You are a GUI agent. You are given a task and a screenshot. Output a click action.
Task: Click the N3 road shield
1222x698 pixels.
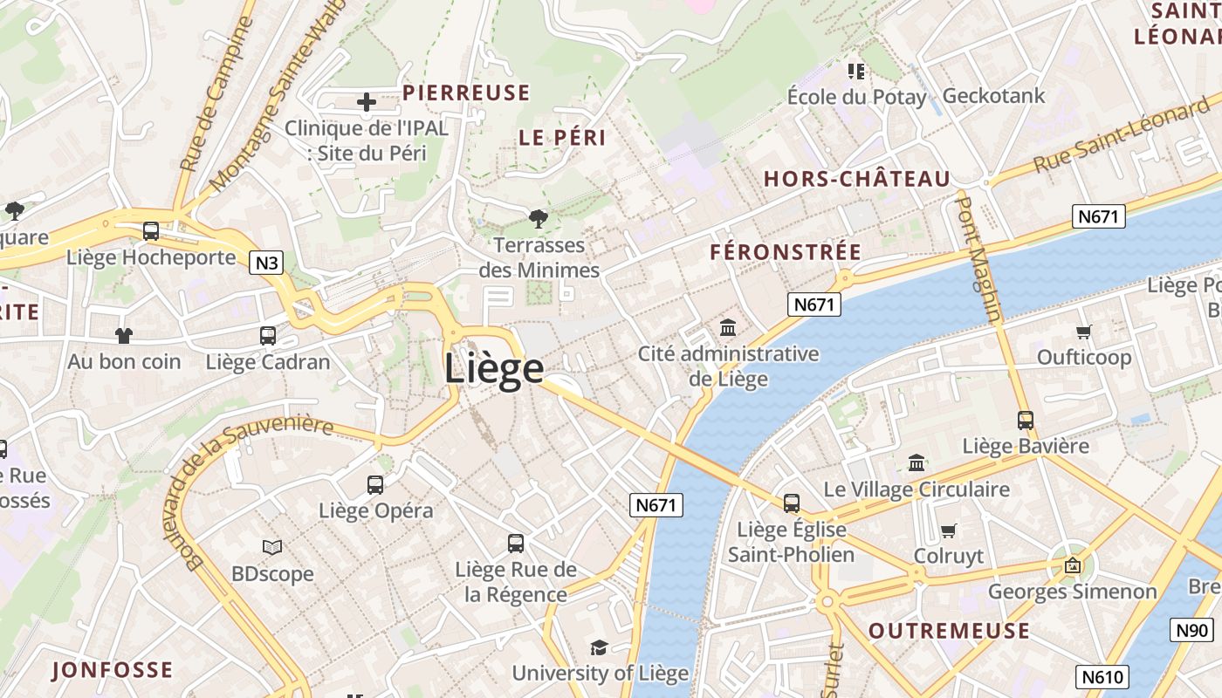266,262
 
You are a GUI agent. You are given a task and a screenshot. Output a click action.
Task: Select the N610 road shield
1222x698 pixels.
1104,676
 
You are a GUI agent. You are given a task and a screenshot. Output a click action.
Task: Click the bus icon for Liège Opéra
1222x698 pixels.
375,485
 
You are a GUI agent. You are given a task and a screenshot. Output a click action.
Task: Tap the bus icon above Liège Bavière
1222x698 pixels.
1026,421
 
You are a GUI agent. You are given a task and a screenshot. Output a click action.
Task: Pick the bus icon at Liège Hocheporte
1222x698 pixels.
151,231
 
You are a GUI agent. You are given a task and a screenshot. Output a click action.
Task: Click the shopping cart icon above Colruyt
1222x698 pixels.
949,530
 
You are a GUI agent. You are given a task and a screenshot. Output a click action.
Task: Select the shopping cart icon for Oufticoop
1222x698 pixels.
1084,332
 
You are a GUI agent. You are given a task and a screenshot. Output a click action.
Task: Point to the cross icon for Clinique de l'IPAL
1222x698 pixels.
367,102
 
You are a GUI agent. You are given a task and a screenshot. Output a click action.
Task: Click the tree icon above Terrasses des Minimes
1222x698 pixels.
539,218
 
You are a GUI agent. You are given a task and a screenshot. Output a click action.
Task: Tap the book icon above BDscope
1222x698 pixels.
272,547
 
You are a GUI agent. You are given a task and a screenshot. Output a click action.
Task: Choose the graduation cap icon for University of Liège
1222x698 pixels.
599,647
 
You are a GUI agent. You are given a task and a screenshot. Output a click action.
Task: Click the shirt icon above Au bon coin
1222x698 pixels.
124,335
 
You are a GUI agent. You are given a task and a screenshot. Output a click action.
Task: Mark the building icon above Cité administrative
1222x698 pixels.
728,328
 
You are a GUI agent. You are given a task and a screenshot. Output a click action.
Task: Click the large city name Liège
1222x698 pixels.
494,368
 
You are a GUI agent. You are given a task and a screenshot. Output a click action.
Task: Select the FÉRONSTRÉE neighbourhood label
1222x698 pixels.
786,252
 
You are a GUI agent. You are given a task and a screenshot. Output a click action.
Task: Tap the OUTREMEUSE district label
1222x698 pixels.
949,631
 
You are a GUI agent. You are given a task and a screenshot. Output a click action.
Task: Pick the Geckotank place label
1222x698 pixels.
993,95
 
